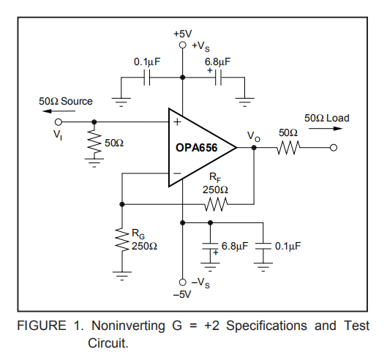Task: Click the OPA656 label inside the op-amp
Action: click(x=197, y=148)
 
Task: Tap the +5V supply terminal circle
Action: click(x=183, y=45)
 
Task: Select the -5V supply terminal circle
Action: click(x=183, y=282)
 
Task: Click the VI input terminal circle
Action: click(x=59, y=122)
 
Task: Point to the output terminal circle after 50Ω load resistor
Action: click(x=334, y=148)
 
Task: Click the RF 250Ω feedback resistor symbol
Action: click(x=216, y=204)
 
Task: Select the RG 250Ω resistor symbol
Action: click(x=122, y=240)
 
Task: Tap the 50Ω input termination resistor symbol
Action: click(x=94, y=143)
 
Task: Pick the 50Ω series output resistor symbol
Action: click(x=288, y=148)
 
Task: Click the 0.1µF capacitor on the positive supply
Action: click(x=147, y=78)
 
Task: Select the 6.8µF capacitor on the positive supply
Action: click(x=218, y=78)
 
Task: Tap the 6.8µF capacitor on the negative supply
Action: click(x=210, y=246)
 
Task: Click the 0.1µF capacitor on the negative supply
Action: click(x=263, y=246)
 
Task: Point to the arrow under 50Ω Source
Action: click(x=59, y=111)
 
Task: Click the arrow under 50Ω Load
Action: click(x=326, y=128)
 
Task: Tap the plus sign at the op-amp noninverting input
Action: click(x=177, y=122)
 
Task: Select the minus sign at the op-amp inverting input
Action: click(x=177, y=173)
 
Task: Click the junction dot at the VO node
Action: click(x=254, y=148)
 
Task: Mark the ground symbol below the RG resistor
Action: click(x=122, y=276)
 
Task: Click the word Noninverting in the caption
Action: click(x=128, y=326)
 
